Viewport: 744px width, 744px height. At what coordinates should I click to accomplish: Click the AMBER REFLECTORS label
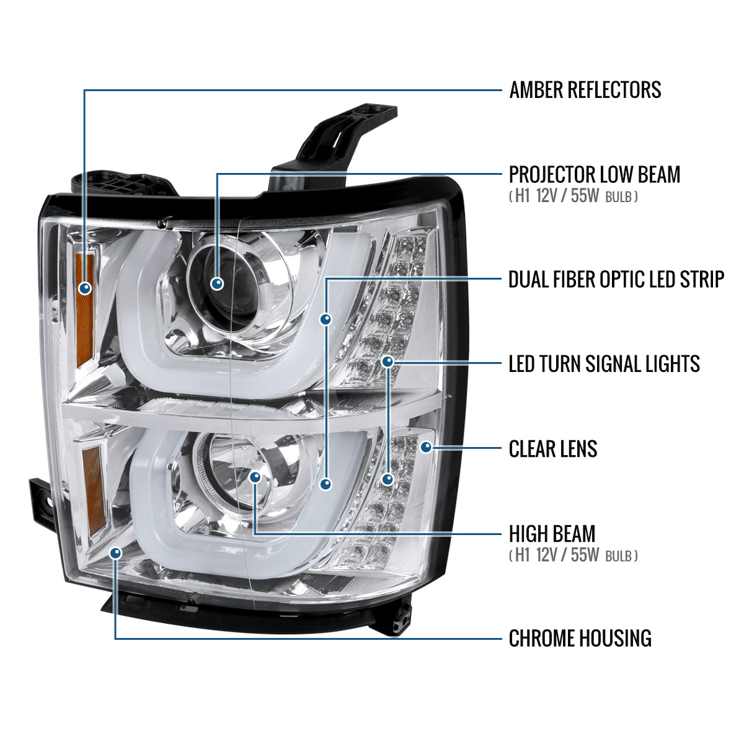click(585, 90)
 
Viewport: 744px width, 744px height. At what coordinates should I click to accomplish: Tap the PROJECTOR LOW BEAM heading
click(595, 174)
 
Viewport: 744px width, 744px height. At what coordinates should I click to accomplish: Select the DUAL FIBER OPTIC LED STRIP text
click(616, 279)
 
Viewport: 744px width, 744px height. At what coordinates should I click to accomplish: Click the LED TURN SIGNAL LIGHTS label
click(604, 364)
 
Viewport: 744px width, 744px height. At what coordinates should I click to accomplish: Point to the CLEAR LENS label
click(553, 449)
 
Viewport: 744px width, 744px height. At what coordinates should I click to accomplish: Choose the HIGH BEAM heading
click(552, 534)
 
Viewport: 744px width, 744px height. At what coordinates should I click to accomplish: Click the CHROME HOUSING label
click(580, 638)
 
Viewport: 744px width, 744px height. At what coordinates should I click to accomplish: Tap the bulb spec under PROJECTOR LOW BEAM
click(573, 197)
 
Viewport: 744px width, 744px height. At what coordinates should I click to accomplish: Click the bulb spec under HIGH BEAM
click(573, 555)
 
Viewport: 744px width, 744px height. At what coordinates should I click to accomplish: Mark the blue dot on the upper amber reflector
click(84, 288)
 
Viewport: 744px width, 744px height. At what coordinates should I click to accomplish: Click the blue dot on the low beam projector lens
click(217, 284)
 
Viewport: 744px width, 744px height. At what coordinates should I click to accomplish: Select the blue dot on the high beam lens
click(255, 477)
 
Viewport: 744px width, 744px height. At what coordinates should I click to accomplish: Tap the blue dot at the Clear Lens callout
click(426, 447)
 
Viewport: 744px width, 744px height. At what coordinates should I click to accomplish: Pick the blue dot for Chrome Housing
click(115, 553)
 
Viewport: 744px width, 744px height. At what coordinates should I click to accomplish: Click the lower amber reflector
click(93, 491)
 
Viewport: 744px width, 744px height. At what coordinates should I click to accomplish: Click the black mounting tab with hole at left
click(43, 503)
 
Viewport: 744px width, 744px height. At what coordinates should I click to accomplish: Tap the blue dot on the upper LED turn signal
click(387, 361)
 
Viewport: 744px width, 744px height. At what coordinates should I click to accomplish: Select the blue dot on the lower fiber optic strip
click(326, 484)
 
